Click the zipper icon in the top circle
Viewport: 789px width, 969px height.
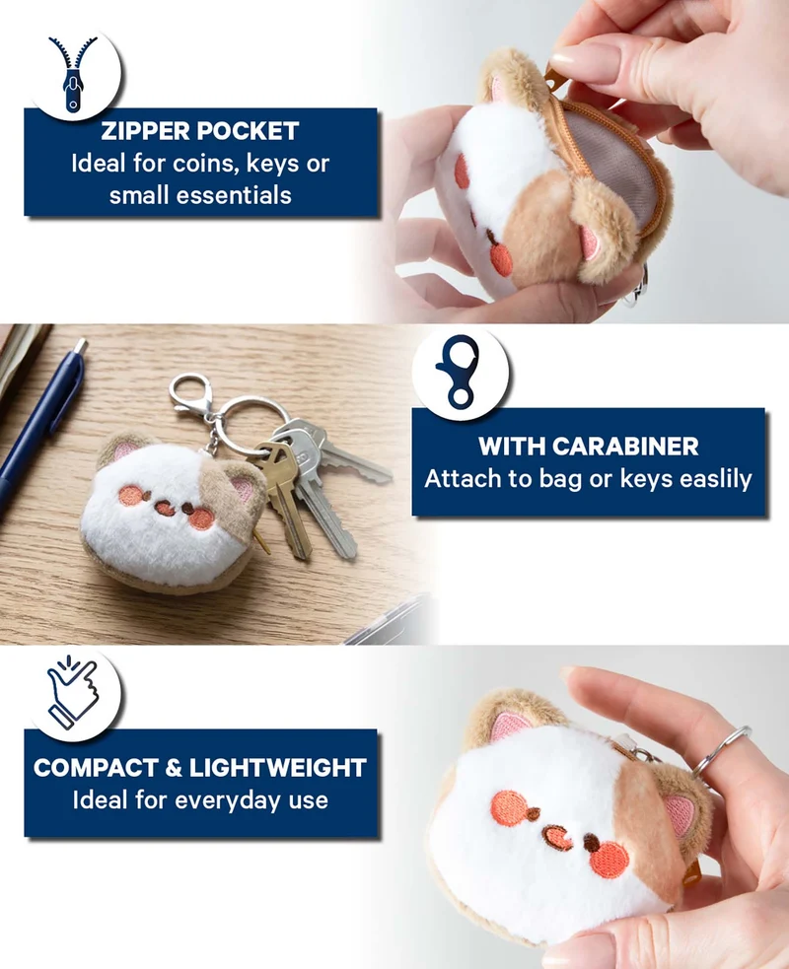74,74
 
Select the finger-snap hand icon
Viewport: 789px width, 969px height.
72,692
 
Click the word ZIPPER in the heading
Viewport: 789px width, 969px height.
146,131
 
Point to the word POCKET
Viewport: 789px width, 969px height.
249,131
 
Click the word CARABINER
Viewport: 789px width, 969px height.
625,447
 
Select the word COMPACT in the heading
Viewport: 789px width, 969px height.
96,768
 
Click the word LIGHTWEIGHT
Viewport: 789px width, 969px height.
278,768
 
